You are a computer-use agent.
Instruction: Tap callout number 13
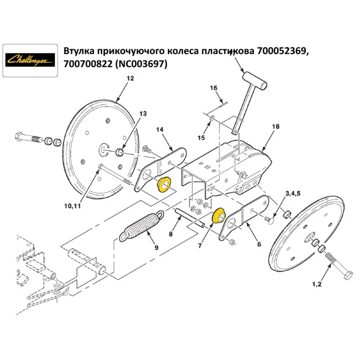click(143, 113)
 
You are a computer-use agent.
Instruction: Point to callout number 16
click(213, 88)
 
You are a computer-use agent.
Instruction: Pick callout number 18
click(276, 126)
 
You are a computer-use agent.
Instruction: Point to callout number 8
click(171, 234)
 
